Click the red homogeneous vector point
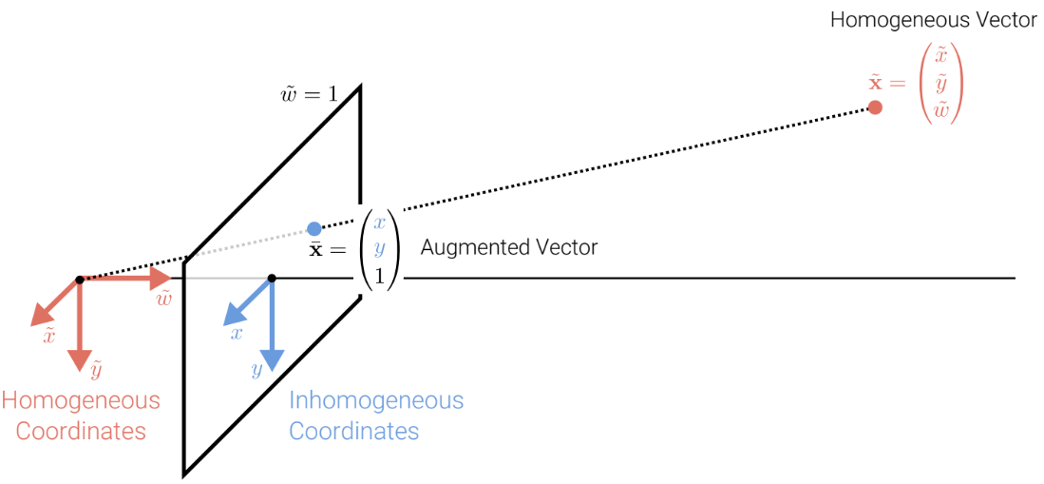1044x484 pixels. pos(875,107)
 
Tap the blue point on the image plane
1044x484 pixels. pos(314,228)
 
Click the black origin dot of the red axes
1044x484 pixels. pos(80,280)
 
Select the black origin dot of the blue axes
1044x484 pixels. pos(272,279)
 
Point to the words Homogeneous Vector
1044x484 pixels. pos(933,20)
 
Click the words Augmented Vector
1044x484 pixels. pos(508,248)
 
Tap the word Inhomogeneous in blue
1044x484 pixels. pos(376,400)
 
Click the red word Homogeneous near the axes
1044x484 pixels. pos(81,400)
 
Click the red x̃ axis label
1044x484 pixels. pos(48,335)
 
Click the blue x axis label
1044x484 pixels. pos(236,334)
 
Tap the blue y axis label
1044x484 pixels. pos(256,370)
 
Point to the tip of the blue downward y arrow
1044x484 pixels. pos(272,368)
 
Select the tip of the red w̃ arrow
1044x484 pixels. pos(169,280)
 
